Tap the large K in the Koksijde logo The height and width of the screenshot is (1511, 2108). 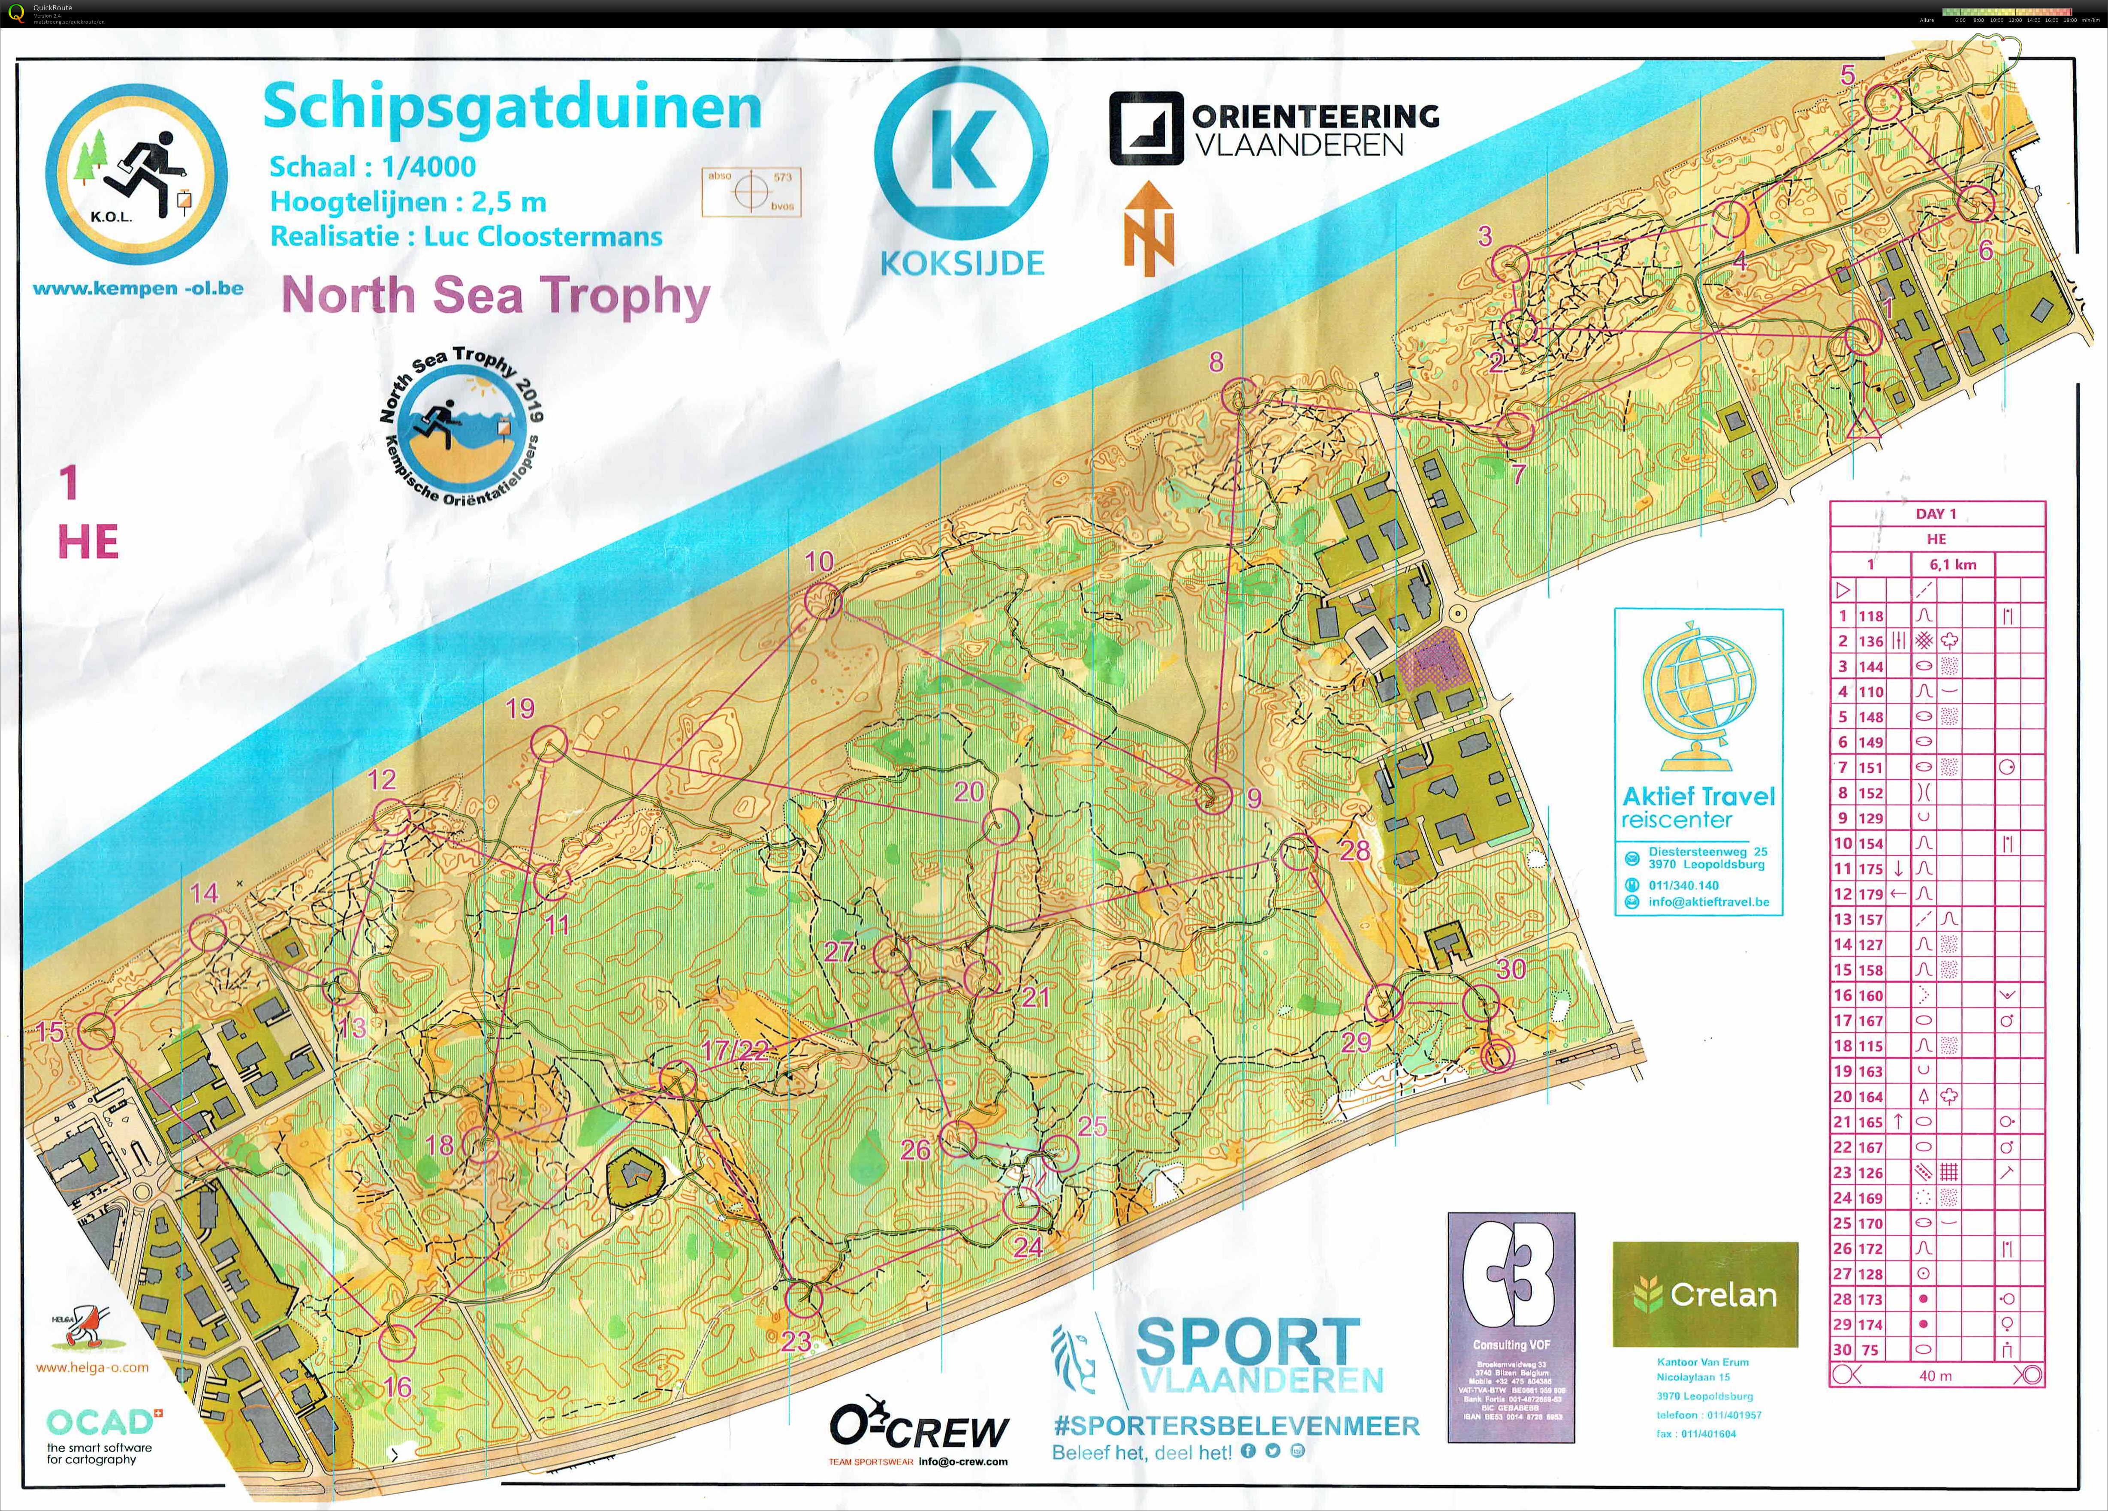point(961,151)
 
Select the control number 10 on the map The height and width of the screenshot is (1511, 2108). point(819,561)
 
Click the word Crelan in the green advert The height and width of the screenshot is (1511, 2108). point(1722,1294)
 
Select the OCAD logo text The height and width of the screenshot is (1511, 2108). point(100,1422)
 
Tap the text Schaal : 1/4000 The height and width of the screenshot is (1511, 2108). point(372,167)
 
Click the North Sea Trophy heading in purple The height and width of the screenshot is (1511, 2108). point(495,296)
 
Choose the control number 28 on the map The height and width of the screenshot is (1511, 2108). point(1354,849)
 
